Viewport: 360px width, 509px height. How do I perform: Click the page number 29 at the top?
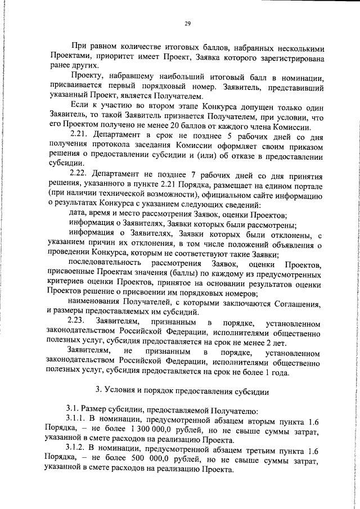(x=187, y=24)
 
